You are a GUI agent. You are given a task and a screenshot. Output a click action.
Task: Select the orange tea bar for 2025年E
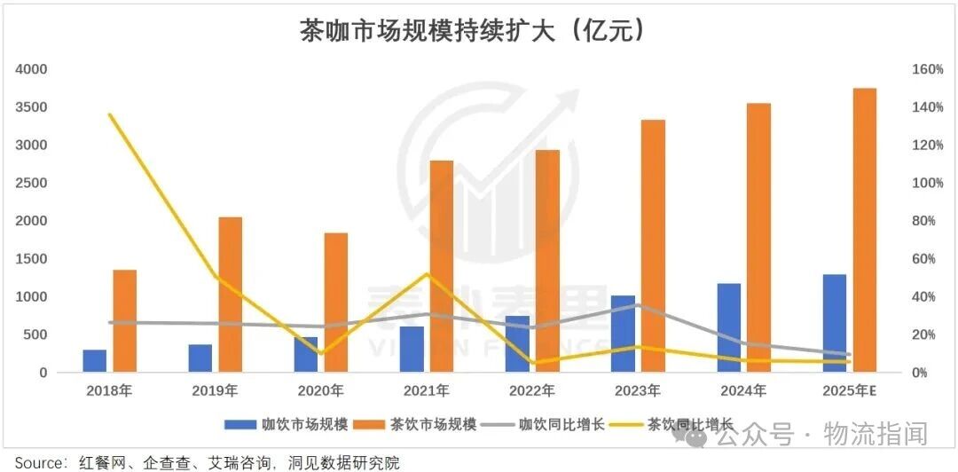[x=865, y=231]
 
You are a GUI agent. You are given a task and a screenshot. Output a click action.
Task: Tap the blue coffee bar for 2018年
[x=95, y=361]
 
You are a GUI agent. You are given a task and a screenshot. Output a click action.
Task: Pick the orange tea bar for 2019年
[x=230, y=295]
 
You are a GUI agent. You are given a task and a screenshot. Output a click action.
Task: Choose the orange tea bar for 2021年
[x=442, y=266]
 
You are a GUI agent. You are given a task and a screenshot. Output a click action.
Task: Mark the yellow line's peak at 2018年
[x=109, y=114]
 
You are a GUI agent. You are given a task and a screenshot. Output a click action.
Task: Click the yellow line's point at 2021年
[x=427, y=274]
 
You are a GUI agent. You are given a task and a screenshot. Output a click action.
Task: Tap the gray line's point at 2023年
[x=638, y=305]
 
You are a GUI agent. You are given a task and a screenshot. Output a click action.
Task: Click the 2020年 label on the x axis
[x=321, y=390]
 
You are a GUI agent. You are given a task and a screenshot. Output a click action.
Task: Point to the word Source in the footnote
[x=36, y=462]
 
